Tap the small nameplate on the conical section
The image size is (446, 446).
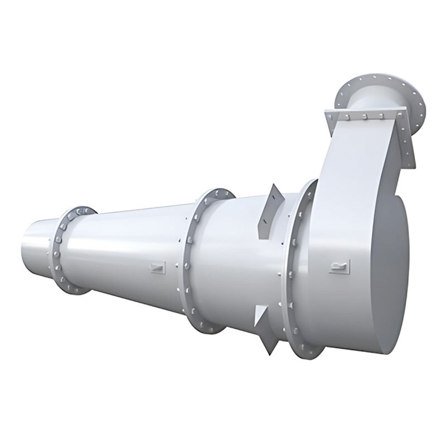tap(158, 268)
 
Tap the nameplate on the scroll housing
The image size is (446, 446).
tap(339, 266)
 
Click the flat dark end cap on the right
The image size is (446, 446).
tap(390, 273)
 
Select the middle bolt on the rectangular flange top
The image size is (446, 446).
tap(363, 116)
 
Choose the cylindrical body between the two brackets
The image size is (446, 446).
tap(245, 262)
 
